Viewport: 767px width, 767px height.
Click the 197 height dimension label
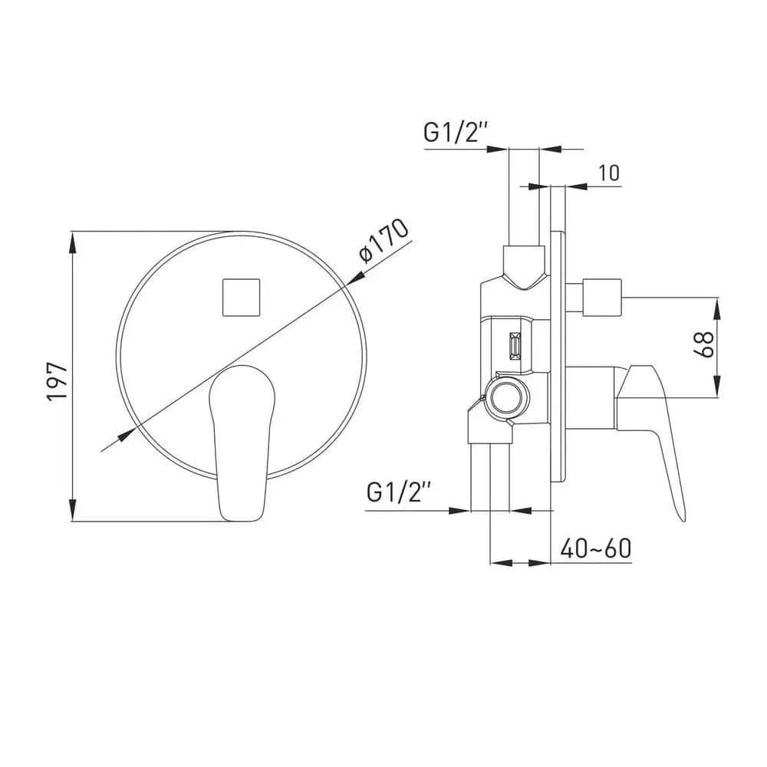click(x=57, y=381)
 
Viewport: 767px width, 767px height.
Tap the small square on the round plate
click(x=241, y=298)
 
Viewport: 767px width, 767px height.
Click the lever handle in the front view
click(x=242, y=443)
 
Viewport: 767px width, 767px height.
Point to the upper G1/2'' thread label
click(x=456, y=132)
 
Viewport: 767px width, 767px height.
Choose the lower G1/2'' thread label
click(x=399, y=492)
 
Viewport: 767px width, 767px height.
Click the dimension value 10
click(x=609, y=173)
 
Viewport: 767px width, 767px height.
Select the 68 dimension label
click(x=704, y=344)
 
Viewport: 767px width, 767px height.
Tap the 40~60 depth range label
click(x=596, y=548)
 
